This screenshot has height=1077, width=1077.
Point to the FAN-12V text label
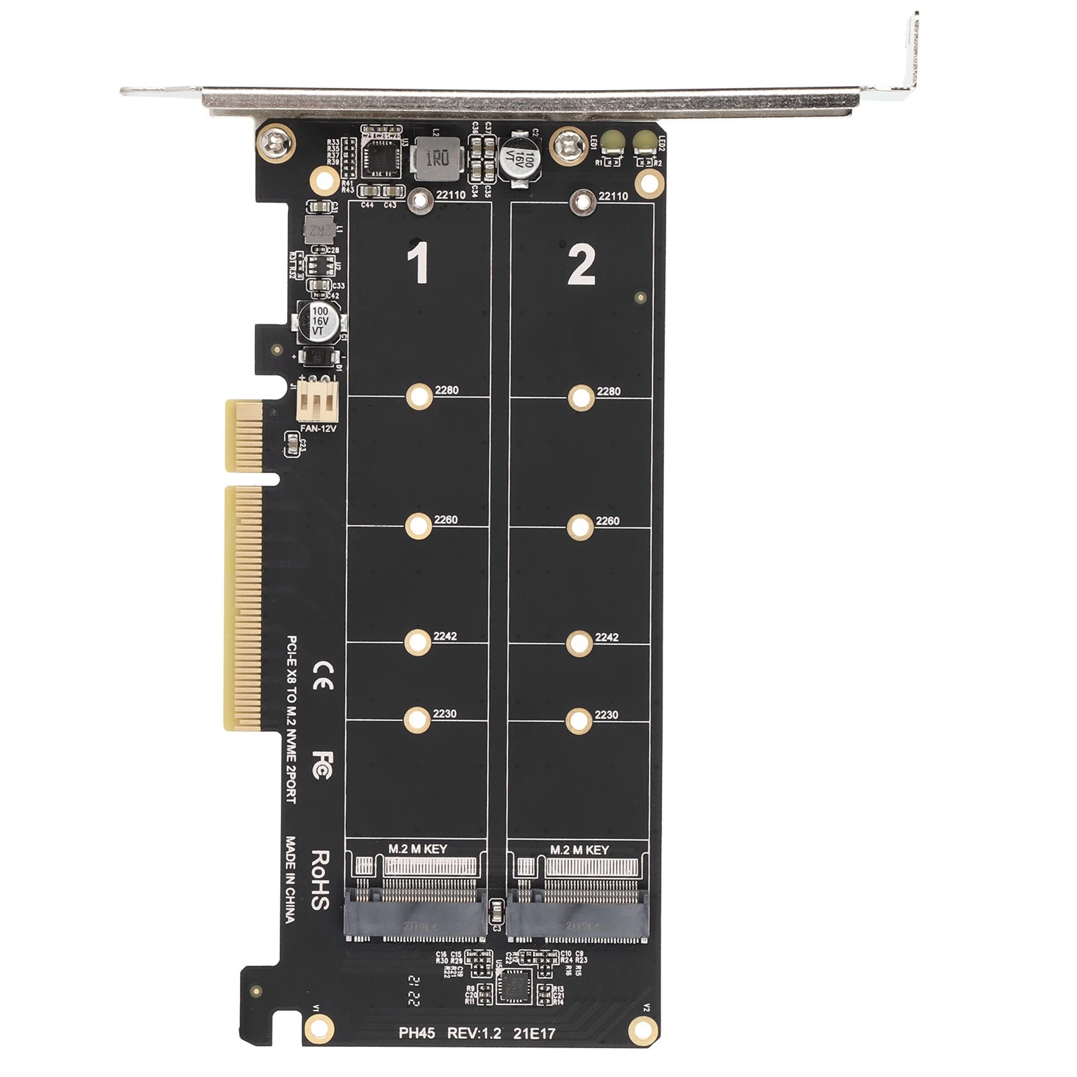pyautogui.click(x=318, y=428)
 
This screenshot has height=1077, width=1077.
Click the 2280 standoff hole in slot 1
pyautogui.click(x=418, y=397)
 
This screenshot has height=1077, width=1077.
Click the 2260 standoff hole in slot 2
pyautogui.click(x=579, y=527)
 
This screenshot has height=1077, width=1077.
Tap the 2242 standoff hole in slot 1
pyautogui.click(x=417, y=642)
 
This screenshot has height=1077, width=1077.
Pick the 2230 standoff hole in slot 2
pyautogui.click(x=579, y=721)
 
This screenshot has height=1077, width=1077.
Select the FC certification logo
pyautogui.click(x=321, y=765)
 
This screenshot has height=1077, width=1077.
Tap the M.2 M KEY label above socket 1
pyautogui.click(x=417, y=849)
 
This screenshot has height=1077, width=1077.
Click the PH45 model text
pyautogui.click(x=416, y=1033)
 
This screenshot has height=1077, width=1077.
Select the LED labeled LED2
pyautogui.click(x=644, y=141)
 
